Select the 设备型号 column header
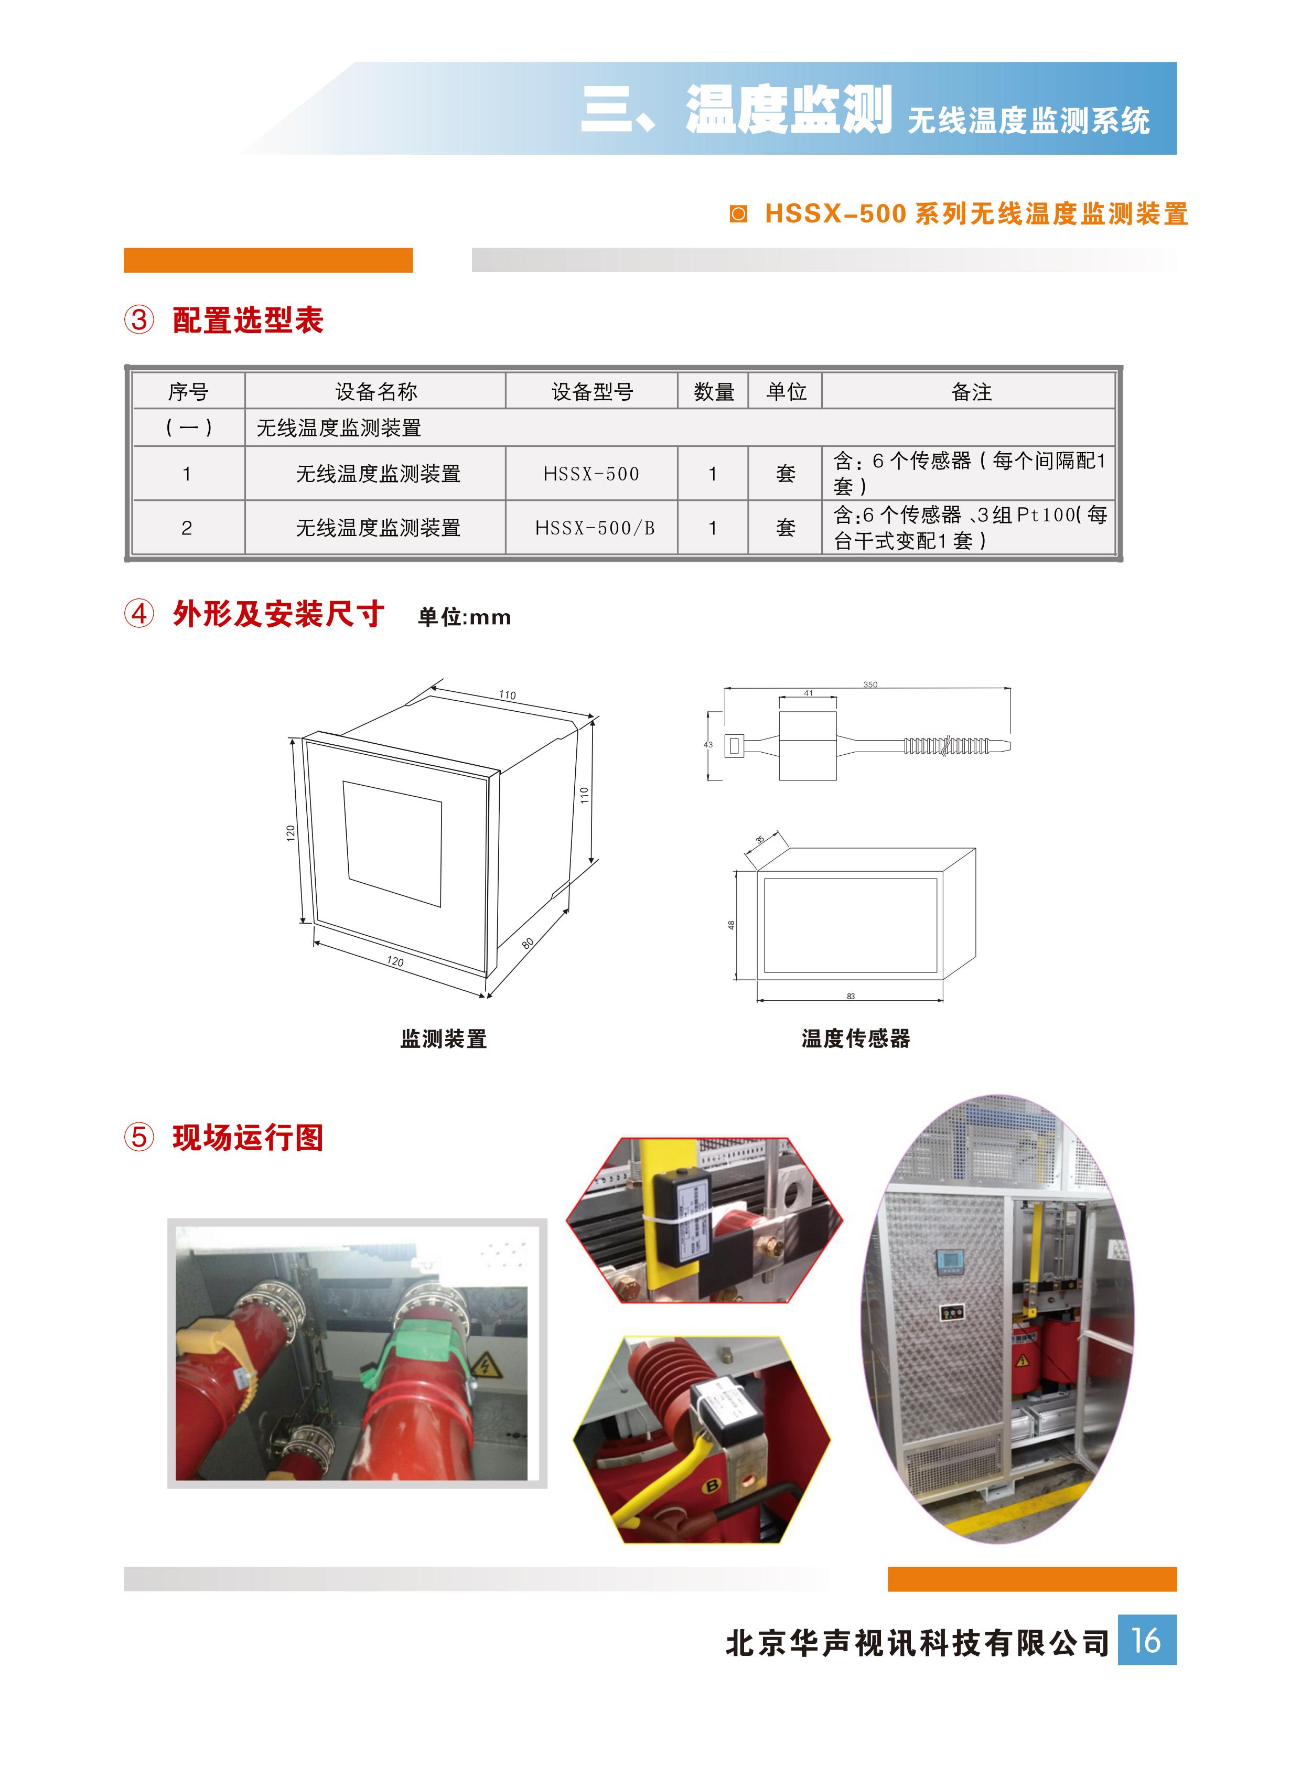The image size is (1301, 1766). tap(592, 391)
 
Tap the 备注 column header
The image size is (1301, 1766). tap(971, 391)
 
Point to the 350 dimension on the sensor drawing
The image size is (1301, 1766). tap(869, 684)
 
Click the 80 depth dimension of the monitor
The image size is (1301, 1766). tap(528, 943)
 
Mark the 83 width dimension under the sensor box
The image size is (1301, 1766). tap(851, 997)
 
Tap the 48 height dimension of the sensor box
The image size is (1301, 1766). tap(731, 925)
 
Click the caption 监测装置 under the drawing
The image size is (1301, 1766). tap(444, 1039)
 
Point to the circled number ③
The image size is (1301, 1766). tap(139, 320)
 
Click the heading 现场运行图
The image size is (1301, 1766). tap(248, 1138)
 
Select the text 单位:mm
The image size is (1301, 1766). tap(464, 617)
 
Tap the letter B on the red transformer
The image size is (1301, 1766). tap(711, 1486)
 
